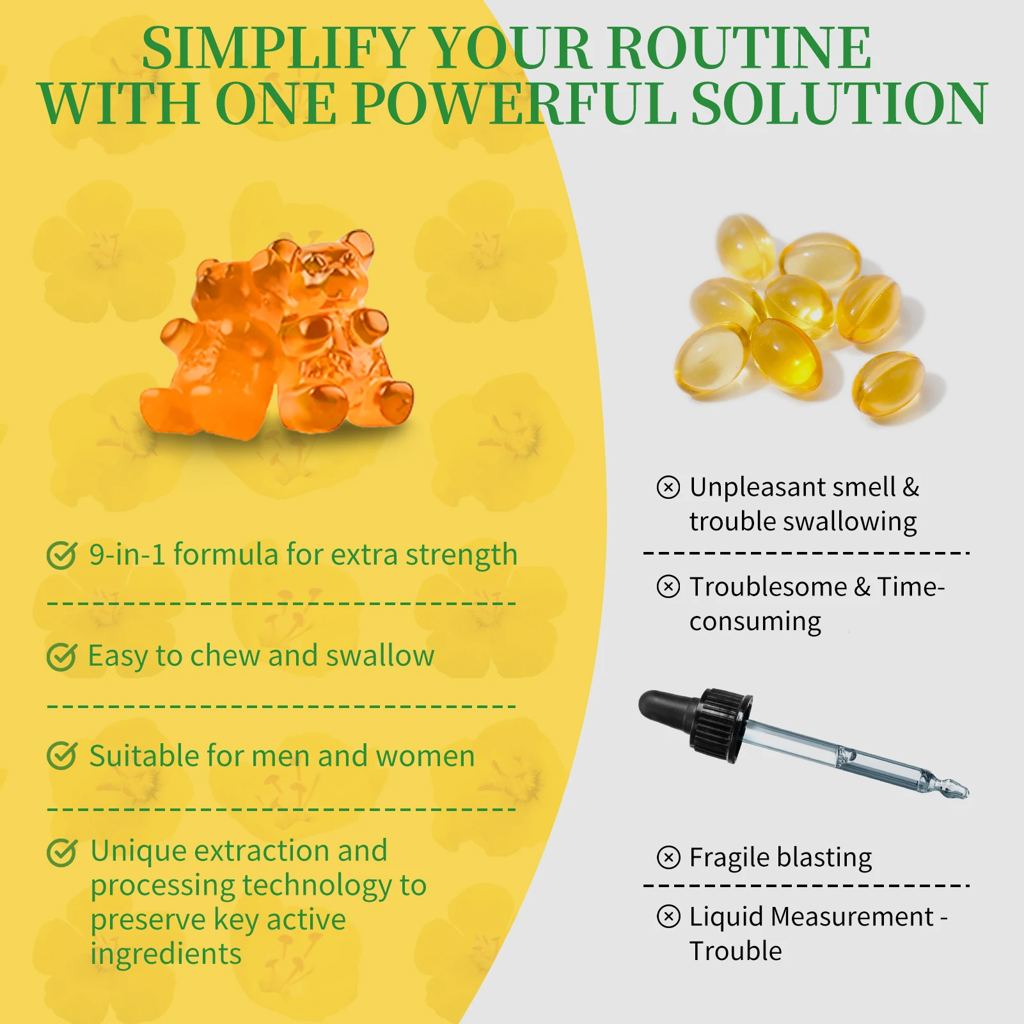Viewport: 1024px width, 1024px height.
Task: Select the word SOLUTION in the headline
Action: click(840, 104)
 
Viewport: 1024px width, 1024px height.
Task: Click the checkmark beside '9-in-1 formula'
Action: click(62, 555)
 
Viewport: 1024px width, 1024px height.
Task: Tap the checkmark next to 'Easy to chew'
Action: click(62, 656)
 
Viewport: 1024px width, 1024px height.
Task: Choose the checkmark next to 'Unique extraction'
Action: click(62, 852)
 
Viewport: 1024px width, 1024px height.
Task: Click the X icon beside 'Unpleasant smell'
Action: click(668, 487)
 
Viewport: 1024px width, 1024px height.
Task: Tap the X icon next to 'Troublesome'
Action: click(668, 587)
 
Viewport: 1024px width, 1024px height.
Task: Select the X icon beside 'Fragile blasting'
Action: click(668, 857)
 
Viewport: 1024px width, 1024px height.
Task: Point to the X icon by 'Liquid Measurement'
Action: click(668, 917)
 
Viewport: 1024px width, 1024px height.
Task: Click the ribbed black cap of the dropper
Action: click(721, 726)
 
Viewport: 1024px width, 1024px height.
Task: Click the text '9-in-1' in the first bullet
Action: click(127, 555)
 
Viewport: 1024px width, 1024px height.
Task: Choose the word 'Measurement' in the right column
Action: click(853, 917)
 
